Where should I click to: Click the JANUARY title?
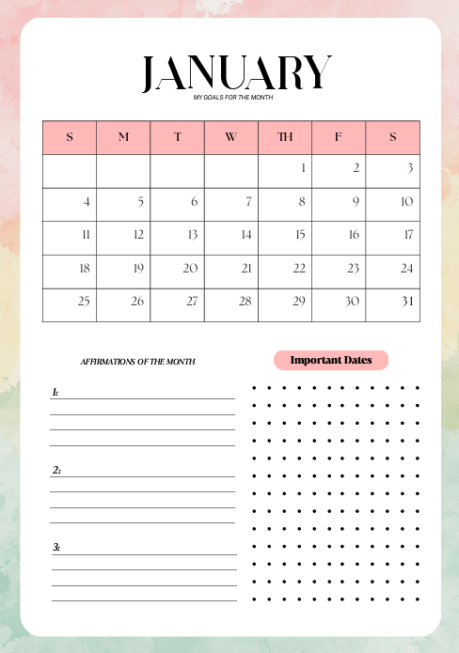coord(236,73)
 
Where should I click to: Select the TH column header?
coord(285,137)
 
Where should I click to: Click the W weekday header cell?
coord(231,137)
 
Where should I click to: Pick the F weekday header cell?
coord(339,137)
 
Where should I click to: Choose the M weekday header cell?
coord(123,137)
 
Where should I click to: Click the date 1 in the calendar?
coord(303,169)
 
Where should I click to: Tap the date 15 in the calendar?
coord(301,235)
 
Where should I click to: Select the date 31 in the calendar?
coord(406,302)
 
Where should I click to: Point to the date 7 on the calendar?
coord(248,202)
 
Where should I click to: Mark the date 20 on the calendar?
coord(191,269)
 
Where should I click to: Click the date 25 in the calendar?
coord(84,302)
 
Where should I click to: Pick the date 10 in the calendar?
coord(406,202)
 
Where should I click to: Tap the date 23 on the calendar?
coord(353,269)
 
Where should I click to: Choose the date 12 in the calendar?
coord(138,235)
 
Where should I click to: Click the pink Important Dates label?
coord(331,360)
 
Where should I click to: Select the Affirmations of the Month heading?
coord(138,362)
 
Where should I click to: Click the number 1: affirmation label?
coord(55,392)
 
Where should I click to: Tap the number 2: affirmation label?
coord(56,470)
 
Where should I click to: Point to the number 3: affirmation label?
coord(56,547)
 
